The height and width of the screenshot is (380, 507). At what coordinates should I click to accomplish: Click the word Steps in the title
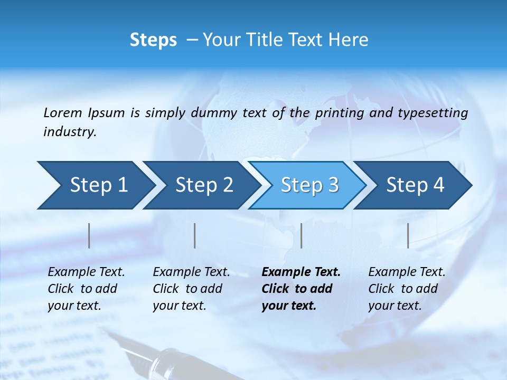click(x=153, y=40)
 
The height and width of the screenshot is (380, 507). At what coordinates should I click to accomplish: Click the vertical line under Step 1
click(x=89, y=235)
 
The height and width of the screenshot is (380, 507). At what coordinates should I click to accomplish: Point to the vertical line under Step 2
click(x=195, y=235)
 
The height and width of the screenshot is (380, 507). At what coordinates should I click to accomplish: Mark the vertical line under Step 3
click(x=301, y=235)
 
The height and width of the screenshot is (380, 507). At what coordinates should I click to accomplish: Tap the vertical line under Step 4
click(x=408, y=235)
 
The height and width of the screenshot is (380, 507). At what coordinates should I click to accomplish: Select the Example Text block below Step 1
click(x=86, y=289)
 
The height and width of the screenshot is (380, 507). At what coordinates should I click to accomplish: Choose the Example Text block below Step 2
click(x=191, y=289)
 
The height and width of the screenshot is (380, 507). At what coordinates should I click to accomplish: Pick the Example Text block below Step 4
click(x=407, y=289)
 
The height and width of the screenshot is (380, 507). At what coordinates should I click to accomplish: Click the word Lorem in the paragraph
click(x=62, y=113)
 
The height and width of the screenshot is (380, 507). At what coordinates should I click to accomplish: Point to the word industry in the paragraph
click(x=69, y=132)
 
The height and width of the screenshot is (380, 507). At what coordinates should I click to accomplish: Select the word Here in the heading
click(x=351, y=40)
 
